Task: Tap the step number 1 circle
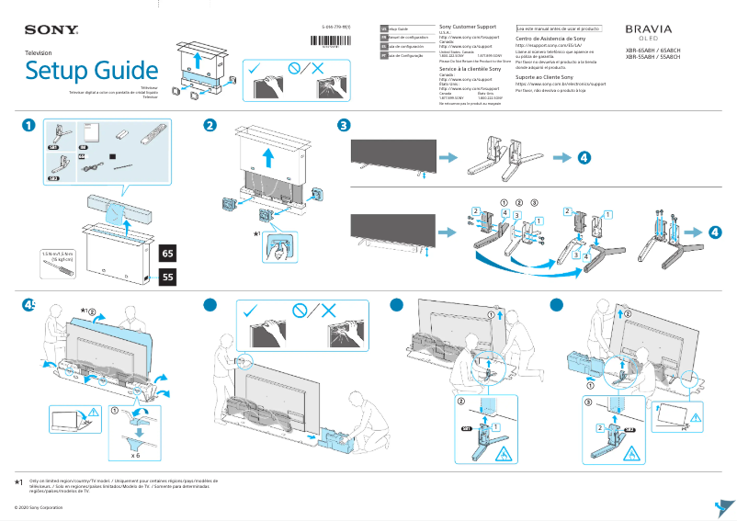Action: point(29,126)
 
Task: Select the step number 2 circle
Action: point(210,126)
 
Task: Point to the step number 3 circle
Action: point(343,126)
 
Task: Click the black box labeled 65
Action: point(167,253)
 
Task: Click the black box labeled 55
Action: point(167,275)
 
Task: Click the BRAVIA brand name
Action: point(648,29)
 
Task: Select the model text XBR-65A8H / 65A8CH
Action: point(652,51)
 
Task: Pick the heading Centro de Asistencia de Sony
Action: point(550,40)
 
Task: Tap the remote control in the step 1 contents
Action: point(153,136)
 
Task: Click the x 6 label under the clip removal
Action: point(135,455)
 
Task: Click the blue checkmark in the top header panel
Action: point(255,68)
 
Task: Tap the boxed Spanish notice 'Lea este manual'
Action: point(558,28)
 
